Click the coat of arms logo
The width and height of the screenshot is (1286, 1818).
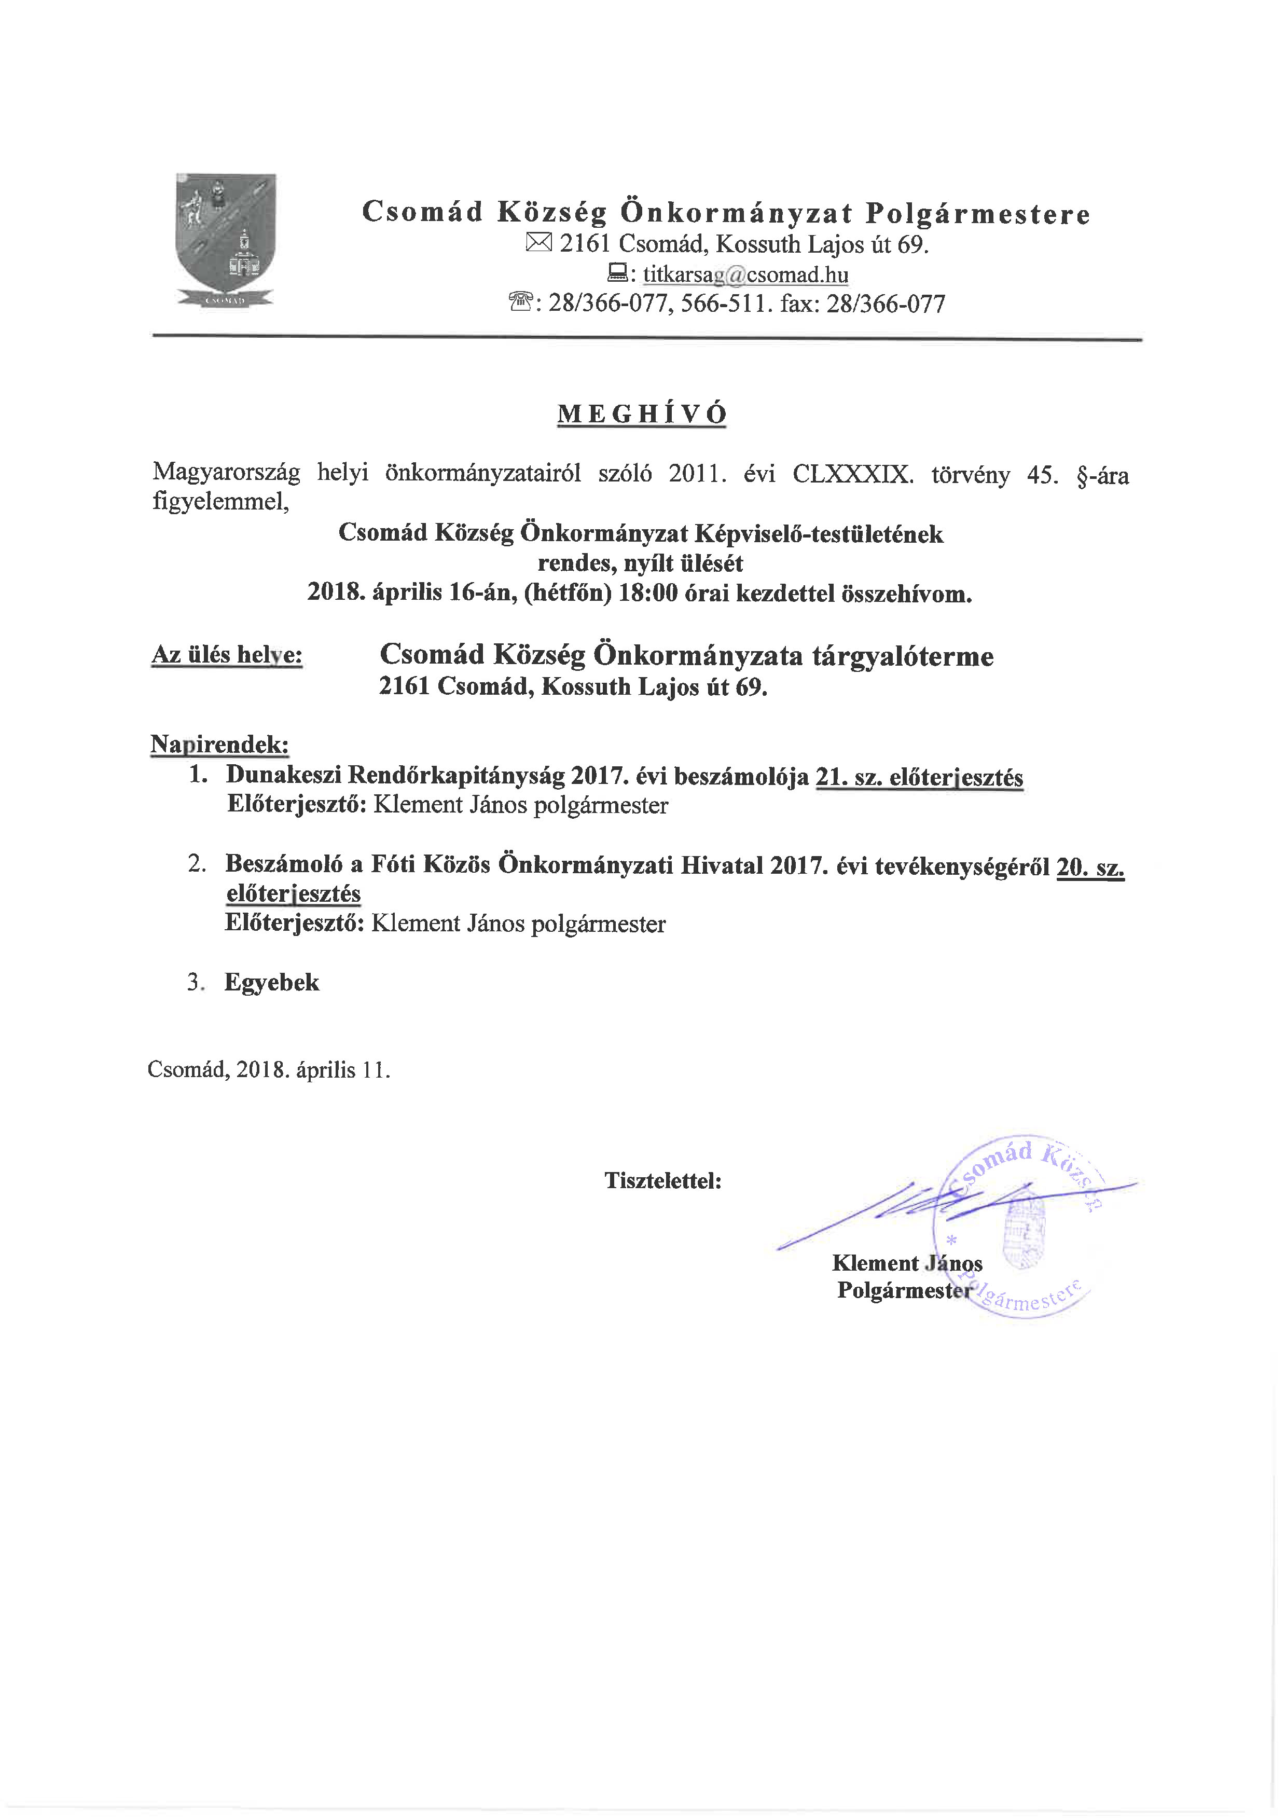[x=226, y=241]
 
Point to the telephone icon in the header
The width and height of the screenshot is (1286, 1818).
[x=520, y=302]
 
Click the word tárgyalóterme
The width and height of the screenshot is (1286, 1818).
[x=903, y=656]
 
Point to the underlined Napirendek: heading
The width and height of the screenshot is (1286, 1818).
[x=219, y=745]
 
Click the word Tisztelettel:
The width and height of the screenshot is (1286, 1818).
[x=663, y=1180]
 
